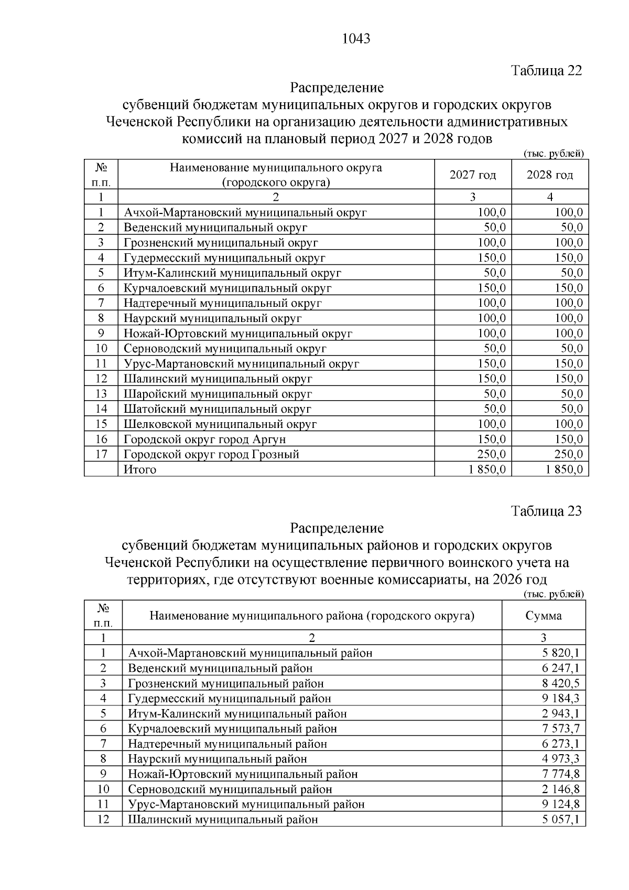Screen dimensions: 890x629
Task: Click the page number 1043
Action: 356,39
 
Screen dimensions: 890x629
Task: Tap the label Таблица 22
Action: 546,71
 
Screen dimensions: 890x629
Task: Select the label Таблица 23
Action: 546,511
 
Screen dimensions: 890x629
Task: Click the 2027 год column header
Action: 473,175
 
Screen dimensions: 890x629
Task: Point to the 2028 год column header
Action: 550,175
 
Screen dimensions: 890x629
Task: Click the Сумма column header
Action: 544,616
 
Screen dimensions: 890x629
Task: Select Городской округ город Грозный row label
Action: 211,454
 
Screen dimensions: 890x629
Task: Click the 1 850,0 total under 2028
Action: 564,469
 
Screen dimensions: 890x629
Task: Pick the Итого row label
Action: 140,469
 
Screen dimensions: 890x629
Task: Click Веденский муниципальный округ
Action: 215,228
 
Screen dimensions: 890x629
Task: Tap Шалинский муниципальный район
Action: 223,819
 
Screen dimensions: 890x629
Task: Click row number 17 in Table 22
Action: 101,454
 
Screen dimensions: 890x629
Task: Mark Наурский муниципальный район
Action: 217,759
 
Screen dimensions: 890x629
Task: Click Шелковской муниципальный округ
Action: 220,424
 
